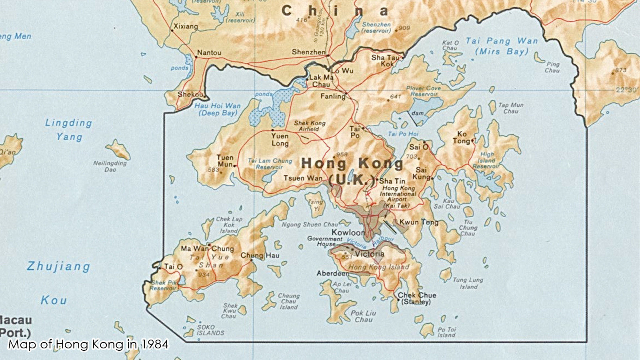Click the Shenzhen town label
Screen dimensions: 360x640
pyautogui.click(x=308, y=52)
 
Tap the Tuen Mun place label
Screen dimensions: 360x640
pyautogui.click(x=225, y=161)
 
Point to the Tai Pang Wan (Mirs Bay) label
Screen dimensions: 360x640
pyautogui.click(x=502, y=46)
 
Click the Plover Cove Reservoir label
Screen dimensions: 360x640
pyautogui.click(x=424, y=91)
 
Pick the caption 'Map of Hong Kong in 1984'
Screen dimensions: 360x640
pyautogui.click(x=88, y=344)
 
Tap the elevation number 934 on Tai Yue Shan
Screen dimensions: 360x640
pyautogui.click(x=204, y=275)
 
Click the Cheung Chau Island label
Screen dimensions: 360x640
pyautogui.click(x=288, y=301)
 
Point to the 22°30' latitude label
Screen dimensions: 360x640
pyautogui.click(x=626, y=90)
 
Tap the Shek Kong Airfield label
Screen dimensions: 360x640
pyautogui.click(x=309, y=126)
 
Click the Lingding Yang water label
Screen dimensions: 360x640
pyautogui.click(x=68, y=130)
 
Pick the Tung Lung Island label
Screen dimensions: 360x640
pyautogui.click(x=468, y=283)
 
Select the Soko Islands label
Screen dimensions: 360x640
pyautogui.click(x=210, y=330)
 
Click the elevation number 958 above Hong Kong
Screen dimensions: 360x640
pyautogui.click(x=342, y=154)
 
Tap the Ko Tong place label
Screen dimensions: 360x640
pyautogui.click(x=462, y=138)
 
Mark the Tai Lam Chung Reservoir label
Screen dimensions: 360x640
pyautogui.click(x=270, y=164)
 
